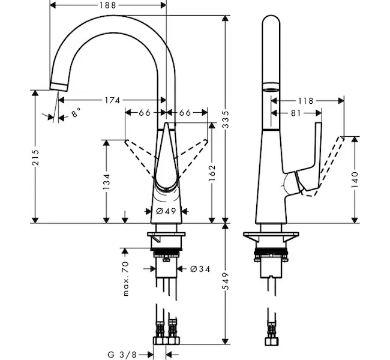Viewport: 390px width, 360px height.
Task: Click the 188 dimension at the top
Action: [108, 5]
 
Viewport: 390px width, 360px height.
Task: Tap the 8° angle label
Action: [75, 113]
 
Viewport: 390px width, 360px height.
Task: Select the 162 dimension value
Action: [212, 172]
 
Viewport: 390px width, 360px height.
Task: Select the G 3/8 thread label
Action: [124, 354]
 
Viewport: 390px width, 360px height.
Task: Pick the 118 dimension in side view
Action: [305, 101]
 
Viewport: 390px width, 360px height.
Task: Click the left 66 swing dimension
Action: [144, 113]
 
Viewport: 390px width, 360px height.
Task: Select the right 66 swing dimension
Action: [185, 113]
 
